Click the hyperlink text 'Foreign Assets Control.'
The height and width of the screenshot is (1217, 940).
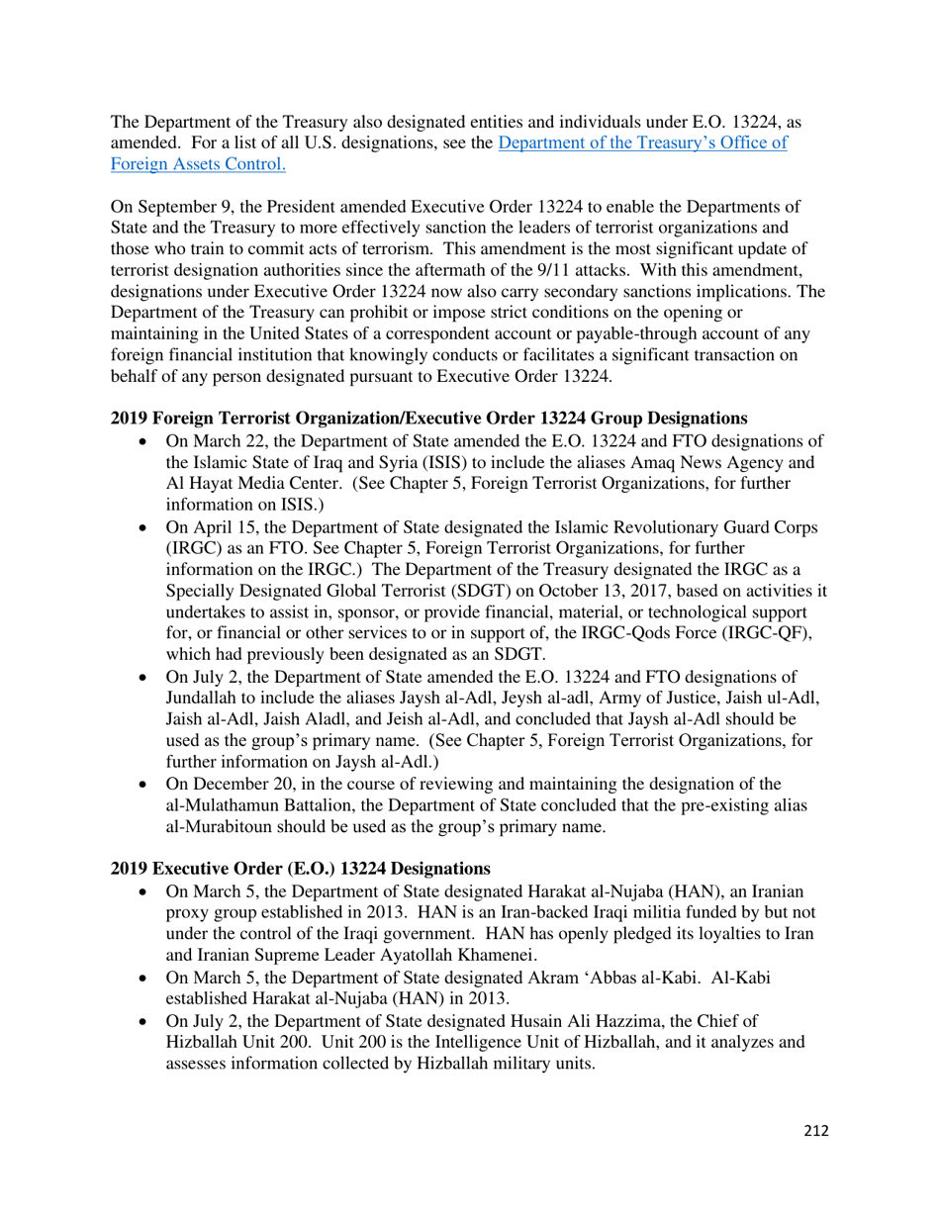pos(198,165)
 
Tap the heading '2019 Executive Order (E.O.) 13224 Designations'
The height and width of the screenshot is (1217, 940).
pos(301,869)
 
